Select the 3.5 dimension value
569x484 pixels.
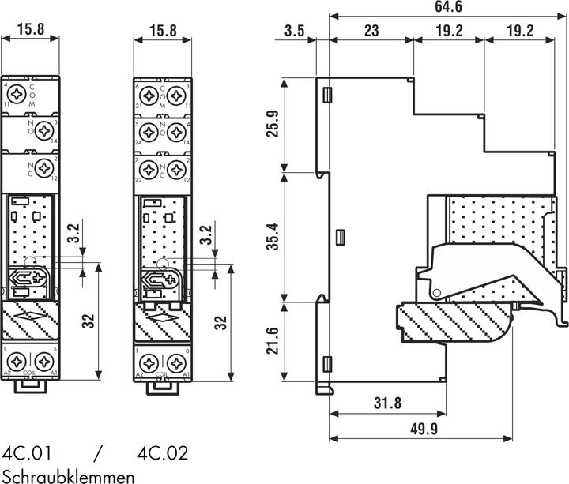[x=294, y=32]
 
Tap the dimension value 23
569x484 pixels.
[x=371, y=32]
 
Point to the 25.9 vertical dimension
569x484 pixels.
[x=272, y=123]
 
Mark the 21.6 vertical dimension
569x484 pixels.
[x=272, y=341]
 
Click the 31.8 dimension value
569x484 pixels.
[x=386, y=403]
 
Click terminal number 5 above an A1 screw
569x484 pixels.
[x=55, y=350]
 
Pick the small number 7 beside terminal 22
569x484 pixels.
[x=138, y=160]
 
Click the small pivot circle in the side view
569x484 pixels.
[x=435, y=294]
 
